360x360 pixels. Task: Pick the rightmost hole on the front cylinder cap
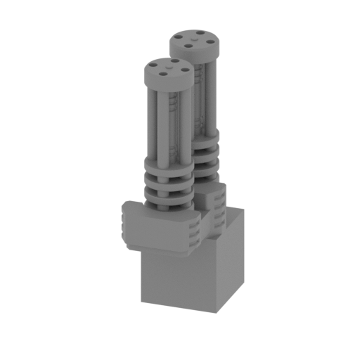pyautogui.click(x=182, y=68)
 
